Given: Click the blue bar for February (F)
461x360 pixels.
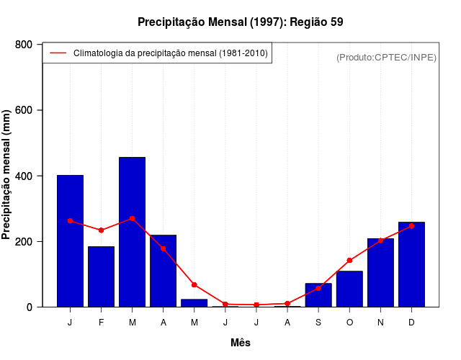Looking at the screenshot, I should click(x=101, y=276).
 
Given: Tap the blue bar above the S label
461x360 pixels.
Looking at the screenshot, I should click(x=318, y=295).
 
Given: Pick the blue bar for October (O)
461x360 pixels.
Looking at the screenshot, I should click(x=349, y=289).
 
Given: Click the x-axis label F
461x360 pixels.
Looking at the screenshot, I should click(x=101, y=323).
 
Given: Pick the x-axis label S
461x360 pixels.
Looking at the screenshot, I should click(x=318, y=323).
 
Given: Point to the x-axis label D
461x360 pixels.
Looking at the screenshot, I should click(x=411, y=323).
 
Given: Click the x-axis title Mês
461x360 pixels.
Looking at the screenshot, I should click(x=241, y=343).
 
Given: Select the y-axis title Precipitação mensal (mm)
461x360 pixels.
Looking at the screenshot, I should click(x=7, y=175).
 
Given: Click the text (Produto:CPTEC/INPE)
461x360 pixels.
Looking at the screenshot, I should click(x=387, y=57).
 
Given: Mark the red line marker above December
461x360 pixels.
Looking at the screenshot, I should click(x=411, y=226).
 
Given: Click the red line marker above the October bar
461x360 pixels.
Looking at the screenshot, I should click(x=349, y=260).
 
